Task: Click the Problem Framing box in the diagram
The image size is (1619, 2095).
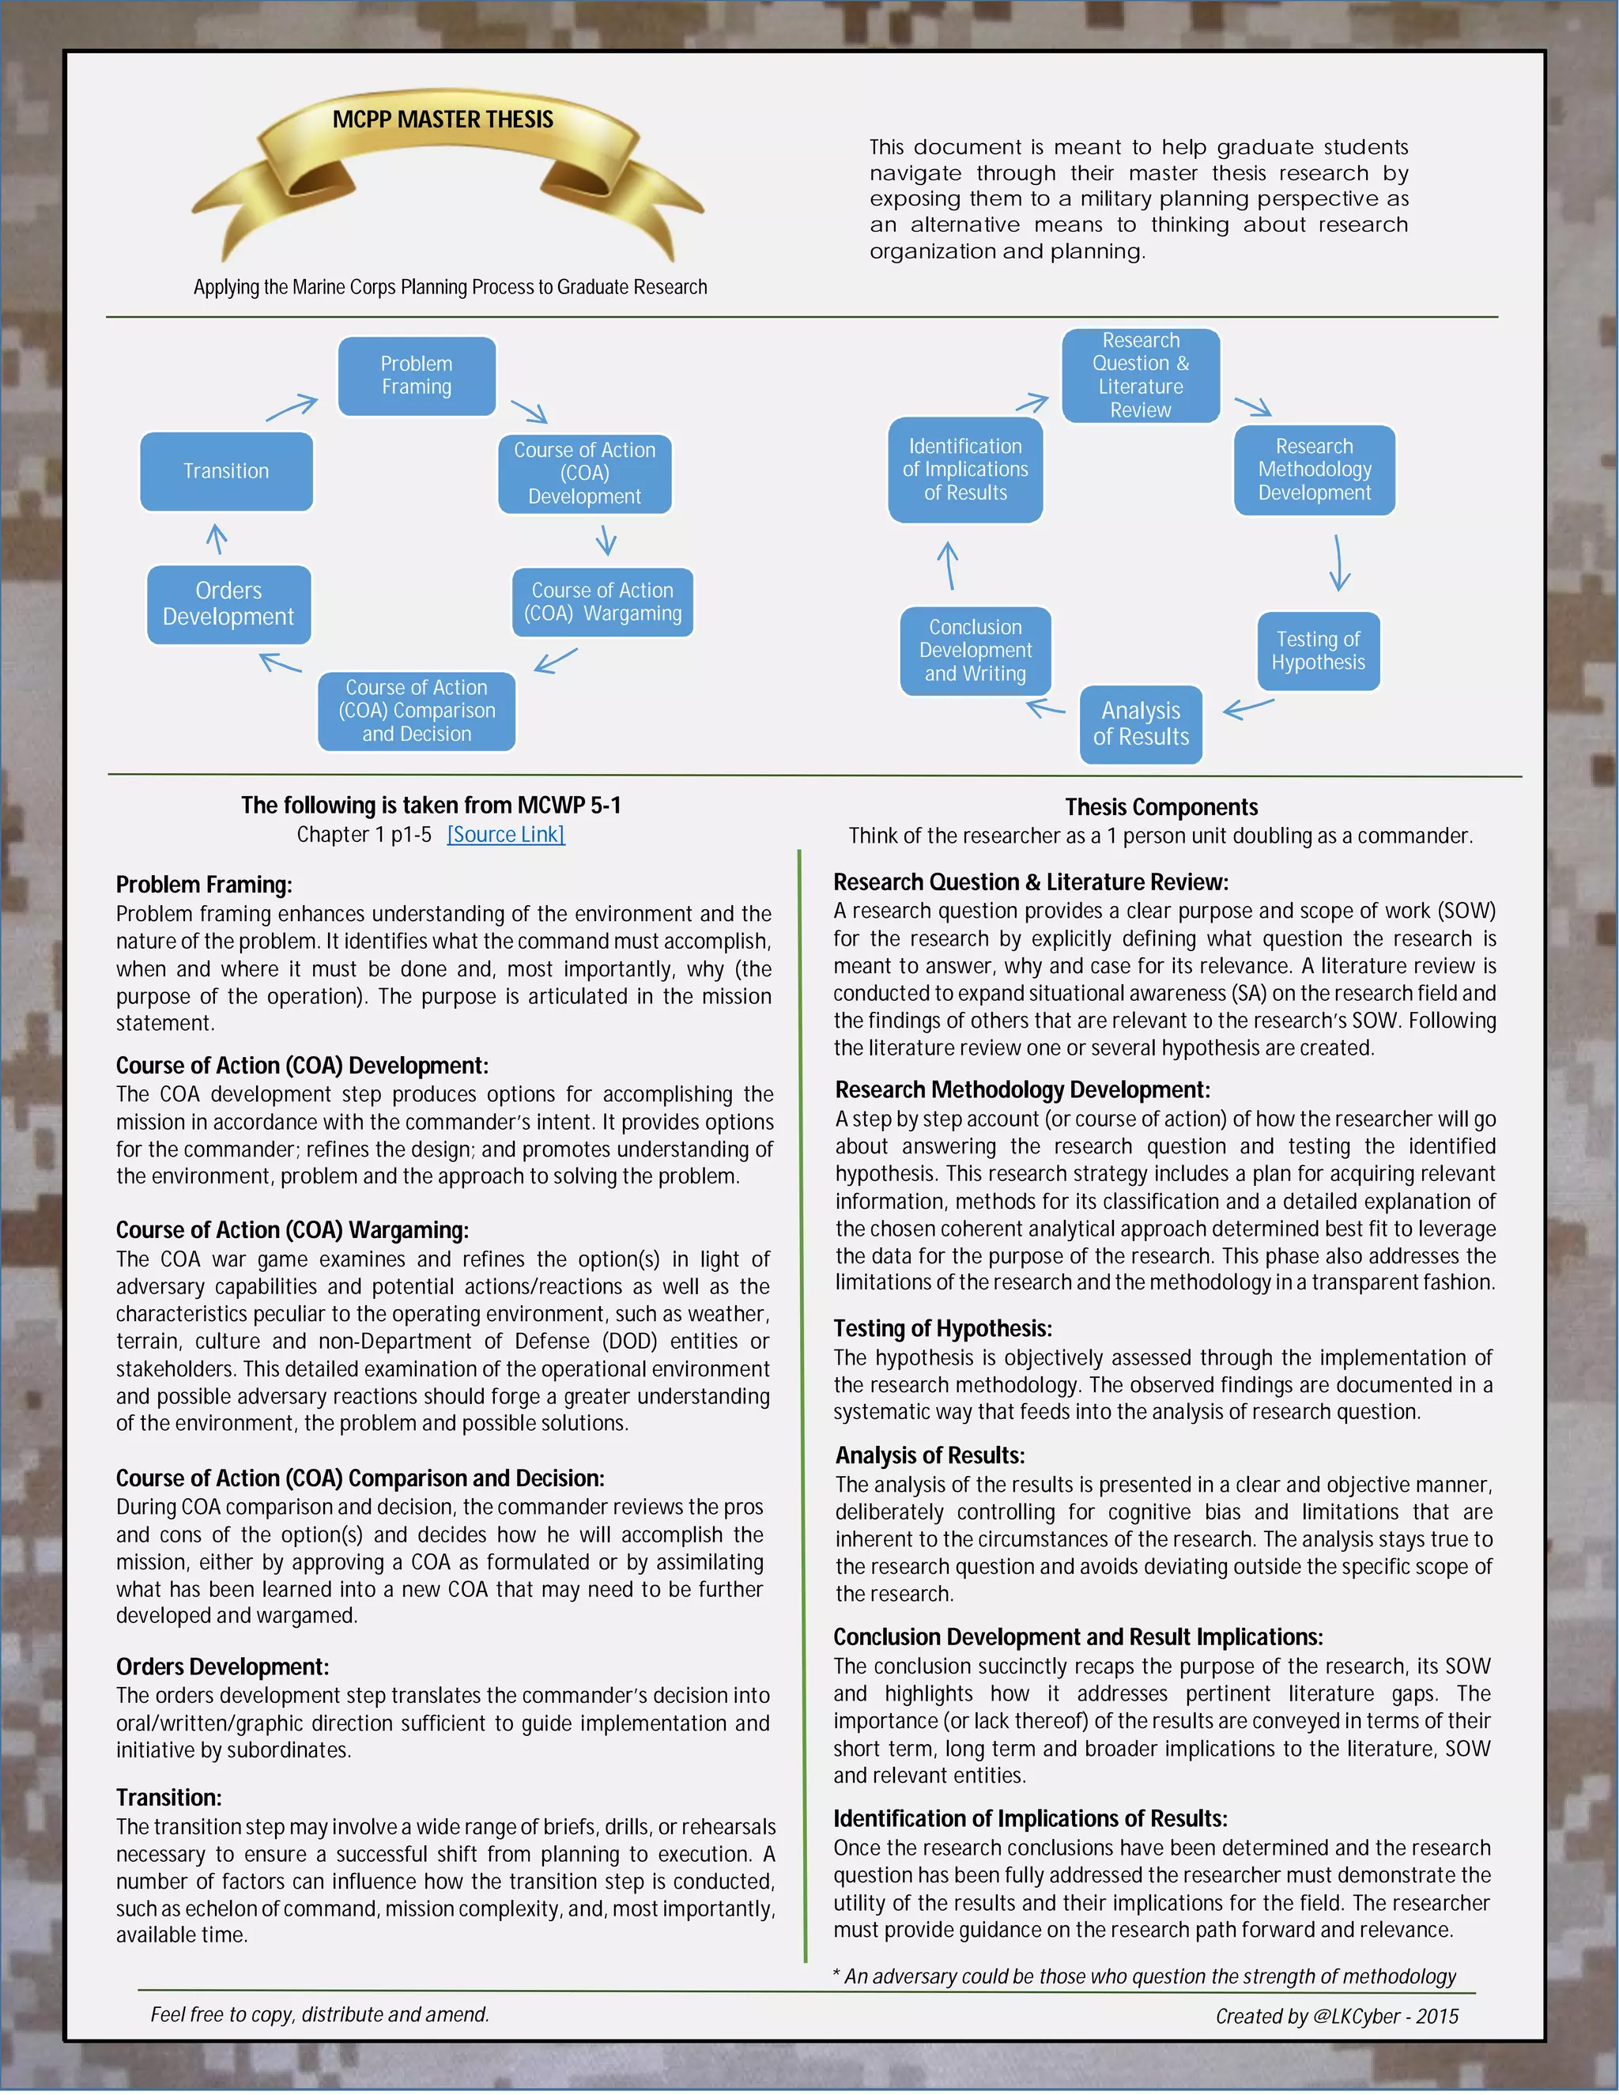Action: [417, 376]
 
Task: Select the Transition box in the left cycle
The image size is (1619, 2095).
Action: [226, 471]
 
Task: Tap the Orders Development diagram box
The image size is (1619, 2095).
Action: [228, 604]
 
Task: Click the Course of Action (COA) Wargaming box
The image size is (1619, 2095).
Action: [602, 602]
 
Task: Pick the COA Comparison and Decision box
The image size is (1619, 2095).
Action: [417, 711]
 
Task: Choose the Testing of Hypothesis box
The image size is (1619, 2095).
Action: [1318, 651]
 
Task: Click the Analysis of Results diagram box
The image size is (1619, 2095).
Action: [1141, 724]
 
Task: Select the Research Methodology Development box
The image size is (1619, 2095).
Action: [1314, 470]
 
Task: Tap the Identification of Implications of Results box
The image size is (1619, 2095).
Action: [965, 470]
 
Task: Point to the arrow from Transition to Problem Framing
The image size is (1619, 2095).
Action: [292, 408]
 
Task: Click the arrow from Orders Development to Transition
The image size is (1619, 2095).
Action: [217, 539]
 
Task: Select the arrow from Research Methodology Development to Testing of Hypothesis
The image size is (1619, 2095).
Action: [1339, 563]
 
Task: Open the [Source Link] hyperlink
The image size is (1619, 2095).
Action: [505, 835]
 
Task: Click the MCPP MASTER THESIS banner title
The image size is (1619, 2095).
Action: [443, 120]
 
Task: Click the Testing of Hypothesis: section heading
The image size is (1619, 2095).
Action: [942, 1329]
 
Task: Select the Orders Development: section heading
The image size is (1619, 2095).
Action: [222, 1667]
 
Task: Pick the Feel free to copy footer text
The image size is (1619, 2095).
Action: [319, 2014]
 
